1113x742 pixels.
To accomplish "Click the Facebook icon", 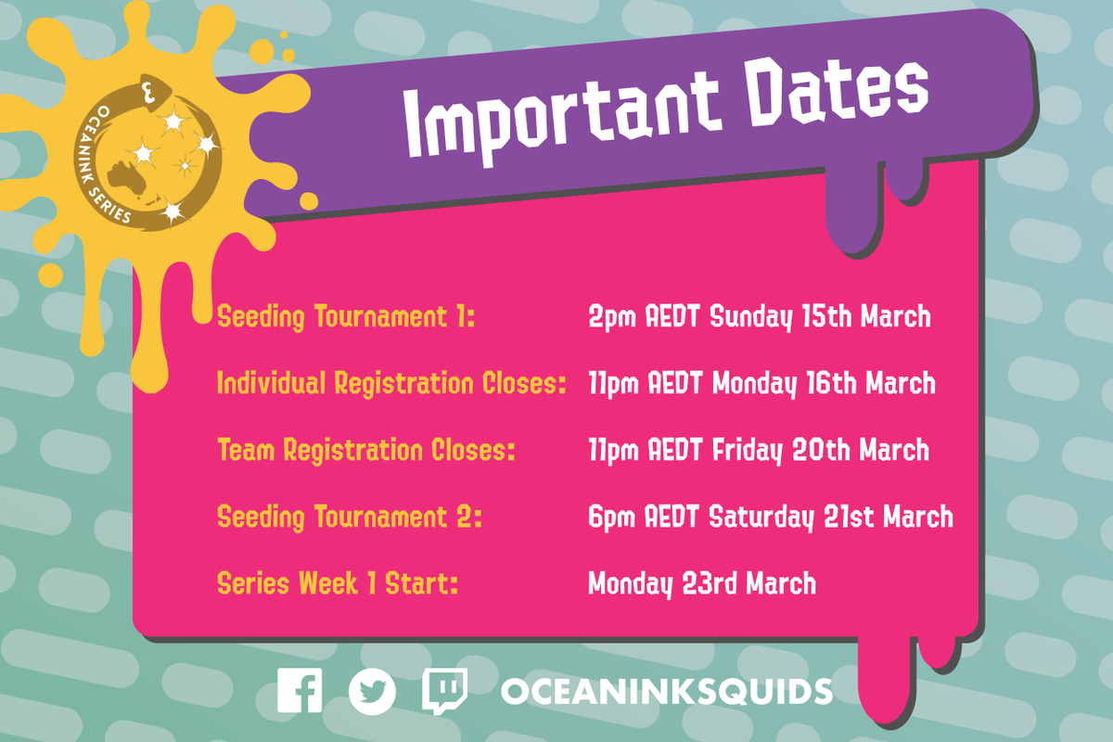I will [300, 691].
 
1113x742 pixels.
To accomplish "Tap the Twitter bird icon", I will [372, 691].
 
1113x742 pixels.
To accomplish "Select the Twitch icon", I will [444, 691].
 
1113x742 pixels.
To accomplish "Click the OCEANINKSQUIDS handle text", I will [666, 692].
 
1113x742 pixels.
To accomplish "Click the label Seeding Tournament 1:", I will [346, 317].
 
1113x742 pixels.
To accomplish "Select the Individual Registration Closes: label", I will [391, 383].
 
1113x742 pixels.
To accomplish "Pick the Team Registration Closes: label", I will [366, 451].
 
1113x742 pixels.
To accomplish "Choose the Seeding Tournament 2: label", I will [350, 517].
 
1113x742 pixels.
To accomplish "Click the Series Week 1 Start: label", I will [338, 584].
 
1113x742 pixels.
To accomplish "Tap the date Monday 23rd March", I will [702, 584].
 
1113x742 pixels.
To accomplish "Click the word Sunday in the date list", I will [747, 317].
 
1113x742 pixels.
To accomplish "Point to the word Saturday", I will [762, 517].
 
